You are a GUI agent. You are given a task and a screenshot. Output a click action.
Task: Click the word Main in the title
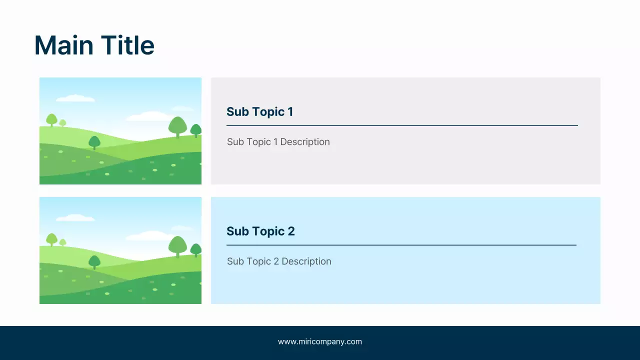[x=64, y=45]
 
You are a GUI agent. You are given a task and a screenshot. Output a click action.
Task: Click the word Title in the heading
[x=127, y=45]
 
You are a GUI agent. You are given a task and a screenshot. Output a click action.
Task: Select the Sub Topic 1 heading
[x=259, y=111]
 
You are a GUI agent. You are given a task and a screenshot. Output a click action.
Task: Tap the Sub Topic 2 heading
[x=260, y=231]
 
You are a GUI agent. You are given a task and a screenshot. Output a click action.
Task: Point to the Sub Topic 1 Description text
[x=278, y=142]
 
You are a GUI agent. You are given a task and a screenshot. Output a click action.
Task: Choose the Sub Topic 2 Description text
[x=279, y=261]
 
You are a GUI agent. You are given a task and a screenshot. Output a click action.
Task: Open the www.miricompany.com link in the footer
[x=320, y=342]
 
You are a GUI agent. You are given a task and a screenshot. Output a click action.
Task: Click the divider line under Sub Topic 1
[x=402, y=125]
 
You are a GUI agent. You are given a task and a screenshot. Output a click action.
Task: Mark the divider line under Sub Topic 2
[x=401, y=245]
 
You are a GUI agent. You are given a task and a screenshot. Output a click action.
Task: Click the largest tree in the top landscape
[x=177, y=126]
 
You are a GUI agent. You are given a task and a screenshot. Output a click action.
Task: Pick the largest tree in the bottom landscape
[x=177, y=245]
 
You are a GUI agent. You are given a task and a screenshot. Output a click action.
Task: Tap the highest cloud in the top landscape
[x=75, y=98]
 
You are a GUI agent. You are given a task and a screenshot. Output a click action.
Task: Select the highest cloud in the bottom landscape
[x=75, y=218]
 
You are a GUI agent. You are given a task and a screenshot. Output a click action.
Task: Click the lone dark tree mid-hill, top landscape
[x=94, y=142]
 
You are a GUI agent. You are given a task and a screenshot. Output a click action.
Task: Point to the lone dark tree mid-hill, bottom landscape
[x=94, y=261]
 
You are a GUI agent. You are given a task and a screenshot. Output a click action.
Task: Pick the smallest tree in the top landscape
[x=62, y=123]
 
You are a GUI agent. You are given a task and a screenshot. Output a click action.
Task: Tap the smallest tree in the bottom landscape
[x=62, y=242]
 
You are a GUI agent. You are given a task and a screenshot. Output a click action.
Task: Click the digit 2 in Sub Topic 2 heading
[x=291, y=231]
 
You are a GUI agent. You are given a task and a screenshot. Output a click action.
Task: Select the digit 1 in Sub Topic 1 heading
[x=290, y=111]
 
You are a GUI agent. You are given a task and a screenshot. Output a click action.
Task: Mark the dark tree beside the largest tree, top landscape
[x=196, y=130]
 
